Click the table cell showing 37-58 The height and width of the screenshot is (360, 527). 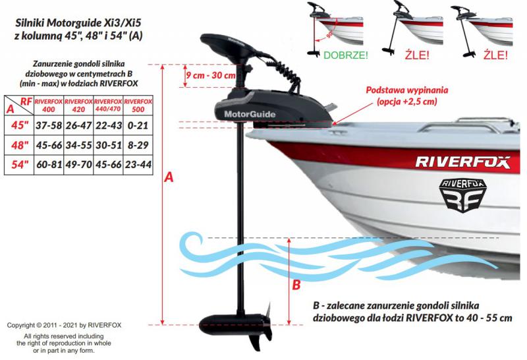pyautogui.click(x=49, y=125)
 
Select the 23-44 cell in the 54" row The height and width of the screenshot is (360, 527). pyautogui.click(x=138, y=165)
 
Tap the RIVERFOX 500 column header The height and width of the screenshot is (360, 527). pyautogui.click(x=138, y=105)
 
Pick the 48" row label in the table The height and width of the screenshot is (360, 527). pyautogui.click(x=20, y=145)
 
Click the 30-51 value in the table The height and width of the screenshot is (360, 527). pyautogui.click(x=109, y=145)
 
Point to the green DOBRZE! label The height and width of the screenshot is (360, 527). pyautogui.click(x=345, y=55)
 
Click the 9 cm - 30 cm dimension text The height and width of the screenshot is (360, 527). pyautogui.click(x=211, y=75)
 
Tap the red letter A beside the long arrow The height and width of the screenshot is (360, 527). pyautogui.click(x=169, y=177)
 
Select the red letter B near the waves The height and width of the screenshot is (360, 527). pyautogui.click(x=296, y=285)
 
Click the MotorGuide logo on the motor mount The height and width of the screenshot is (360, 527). pyautogui.click(x=250, y=114)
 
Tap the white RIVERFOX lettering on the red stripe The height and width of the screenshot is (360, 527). pyautogui.click(x=463, y=162)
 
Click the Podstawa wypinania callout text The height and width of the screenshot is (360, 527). pyautogui.click(x=406, y=96)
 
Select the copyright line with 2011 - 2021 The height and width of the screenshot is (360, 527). pyautogui.click(x=64, y=325)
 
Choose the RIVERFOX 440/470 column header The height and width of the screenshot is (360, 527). pyautogui.click(x=108, y=105)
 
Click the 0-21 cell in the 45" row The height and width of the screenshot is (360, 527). pyautogui.click(x=138, y=125)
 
